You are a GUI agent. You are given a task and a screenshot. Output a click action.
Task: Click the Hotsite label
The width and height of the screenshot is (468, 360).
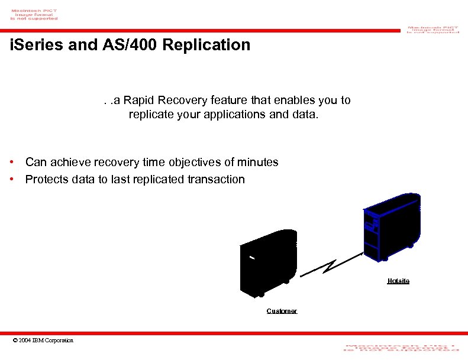point(398,281)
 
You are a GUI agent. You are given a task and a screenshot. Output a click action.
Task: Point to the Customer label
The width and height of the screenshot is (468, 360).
point(282,311)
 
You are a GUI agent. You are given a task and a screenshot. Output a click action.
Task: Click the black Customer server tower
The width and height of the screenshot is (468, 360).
point(268,262)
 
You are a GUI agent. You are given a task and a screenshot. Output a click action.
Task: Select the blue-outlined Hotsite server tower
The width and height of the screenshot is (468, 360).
point(392,226)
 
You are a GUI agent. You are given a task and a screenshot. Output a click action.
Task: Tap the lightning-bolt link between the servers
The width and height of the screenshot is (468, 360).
point(330,265)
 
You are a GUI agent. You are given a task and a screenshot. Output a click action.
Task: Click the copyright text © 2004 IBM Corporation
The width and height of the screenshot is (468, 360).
point(43,340)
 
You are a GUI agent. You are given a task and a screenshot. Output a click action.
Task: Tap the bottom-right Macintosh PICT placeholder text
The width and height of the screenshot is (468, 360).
point(400,348)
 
